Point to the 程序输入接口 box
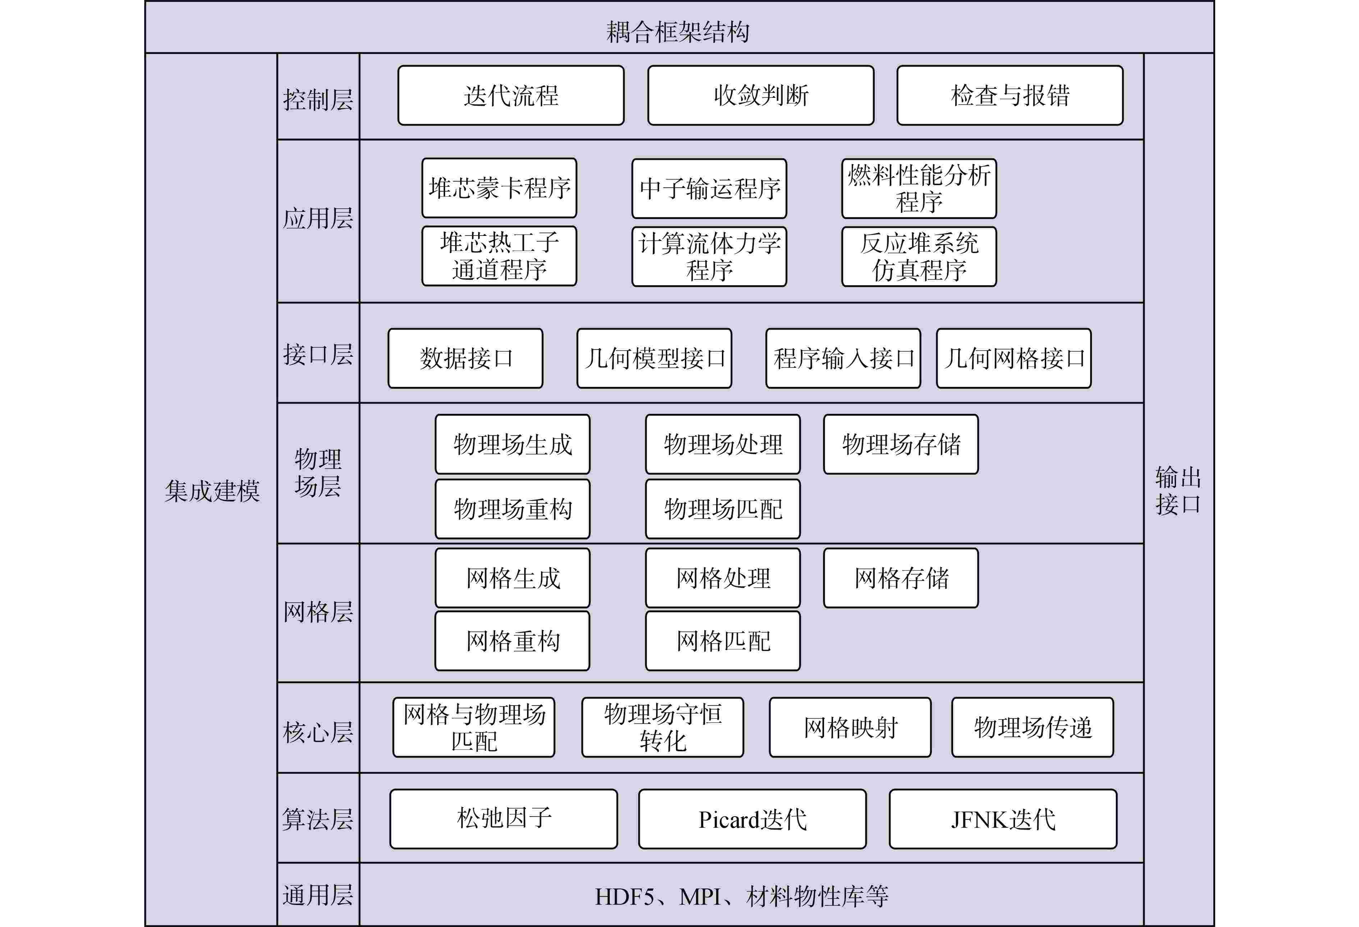tap(843, 358)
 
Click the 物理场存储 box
tap(901, 444)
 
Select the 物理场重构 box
tap(512, 509)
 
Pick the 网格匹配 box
tap(722, 641)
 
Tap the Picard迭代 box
tap(752, 819)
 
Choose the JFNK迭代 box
tap(1002, 819)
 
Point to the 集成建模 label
tap(212, 490)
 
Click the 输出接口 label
tap(1178, 490)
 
